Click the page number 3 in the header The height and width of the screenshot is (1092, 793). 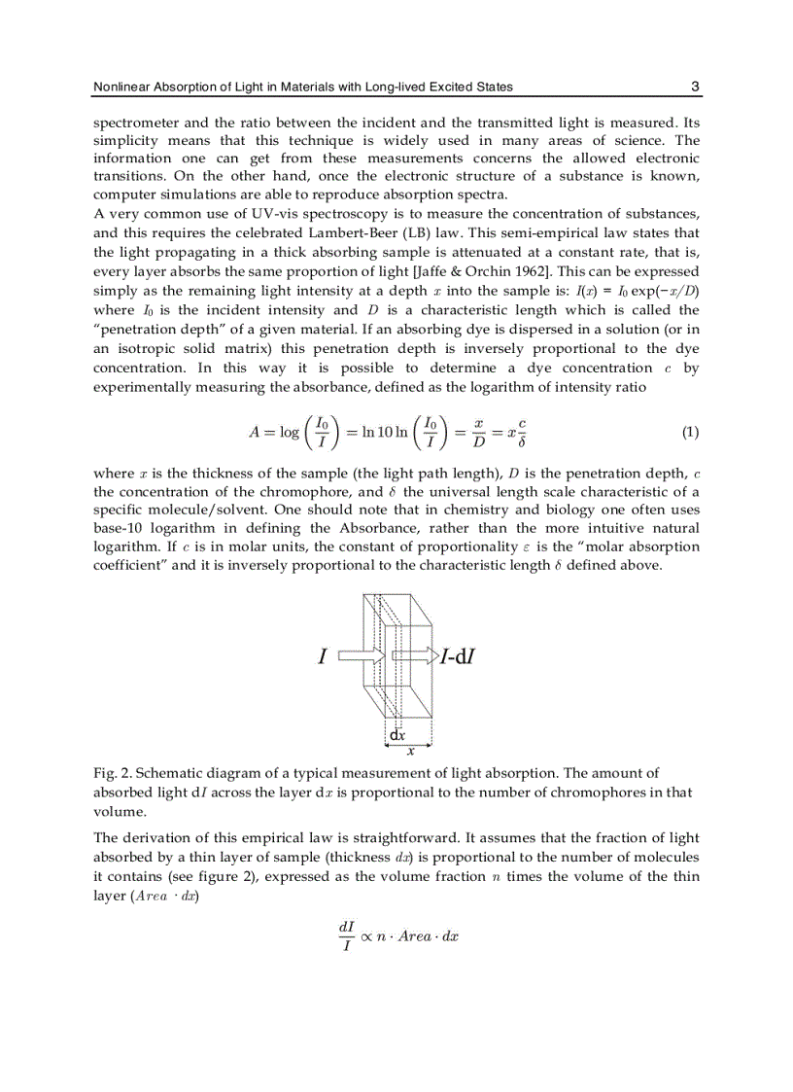[695, 87]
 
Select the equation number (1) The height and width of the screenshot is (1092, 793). [689, 433]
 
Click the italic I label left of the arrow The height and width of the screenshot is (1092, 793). [322, 657]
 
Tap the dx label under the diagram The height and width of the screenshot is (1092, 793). [397, 735]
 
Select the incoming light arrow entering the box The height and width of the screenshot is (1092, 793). [362, 657]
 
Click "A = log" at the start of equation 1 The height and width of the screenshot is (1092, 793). [274, 433]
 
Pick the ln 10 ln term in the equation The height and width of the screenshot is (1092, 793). [386, 433]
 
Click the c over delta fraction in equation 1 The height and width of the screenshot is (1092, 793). [522, 433]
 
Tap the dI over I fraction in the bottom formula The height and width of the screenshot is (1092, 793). [346, 936]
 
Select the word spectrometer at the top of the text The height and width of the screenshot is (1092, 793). [134, 123]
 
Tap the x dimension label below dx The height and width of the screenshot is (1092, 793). [410, 750]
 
